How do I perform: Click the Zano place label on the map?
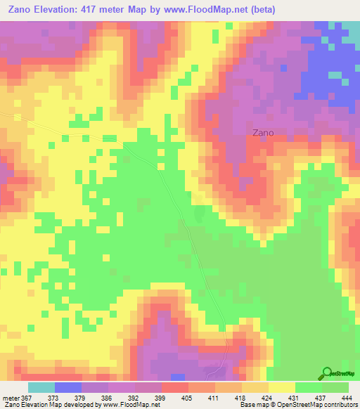(263, 132)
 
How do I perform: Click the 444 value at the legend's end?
(346, 397)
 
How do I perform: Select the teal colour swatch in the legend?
(41, 387)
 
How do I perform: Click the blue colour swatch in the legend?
(68, 387)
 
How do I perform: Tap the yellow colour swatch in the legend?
(282, 387)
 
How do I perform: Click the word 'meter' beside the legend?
(11, 397)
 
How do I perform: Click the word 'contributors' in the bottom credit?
(340, 405)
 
